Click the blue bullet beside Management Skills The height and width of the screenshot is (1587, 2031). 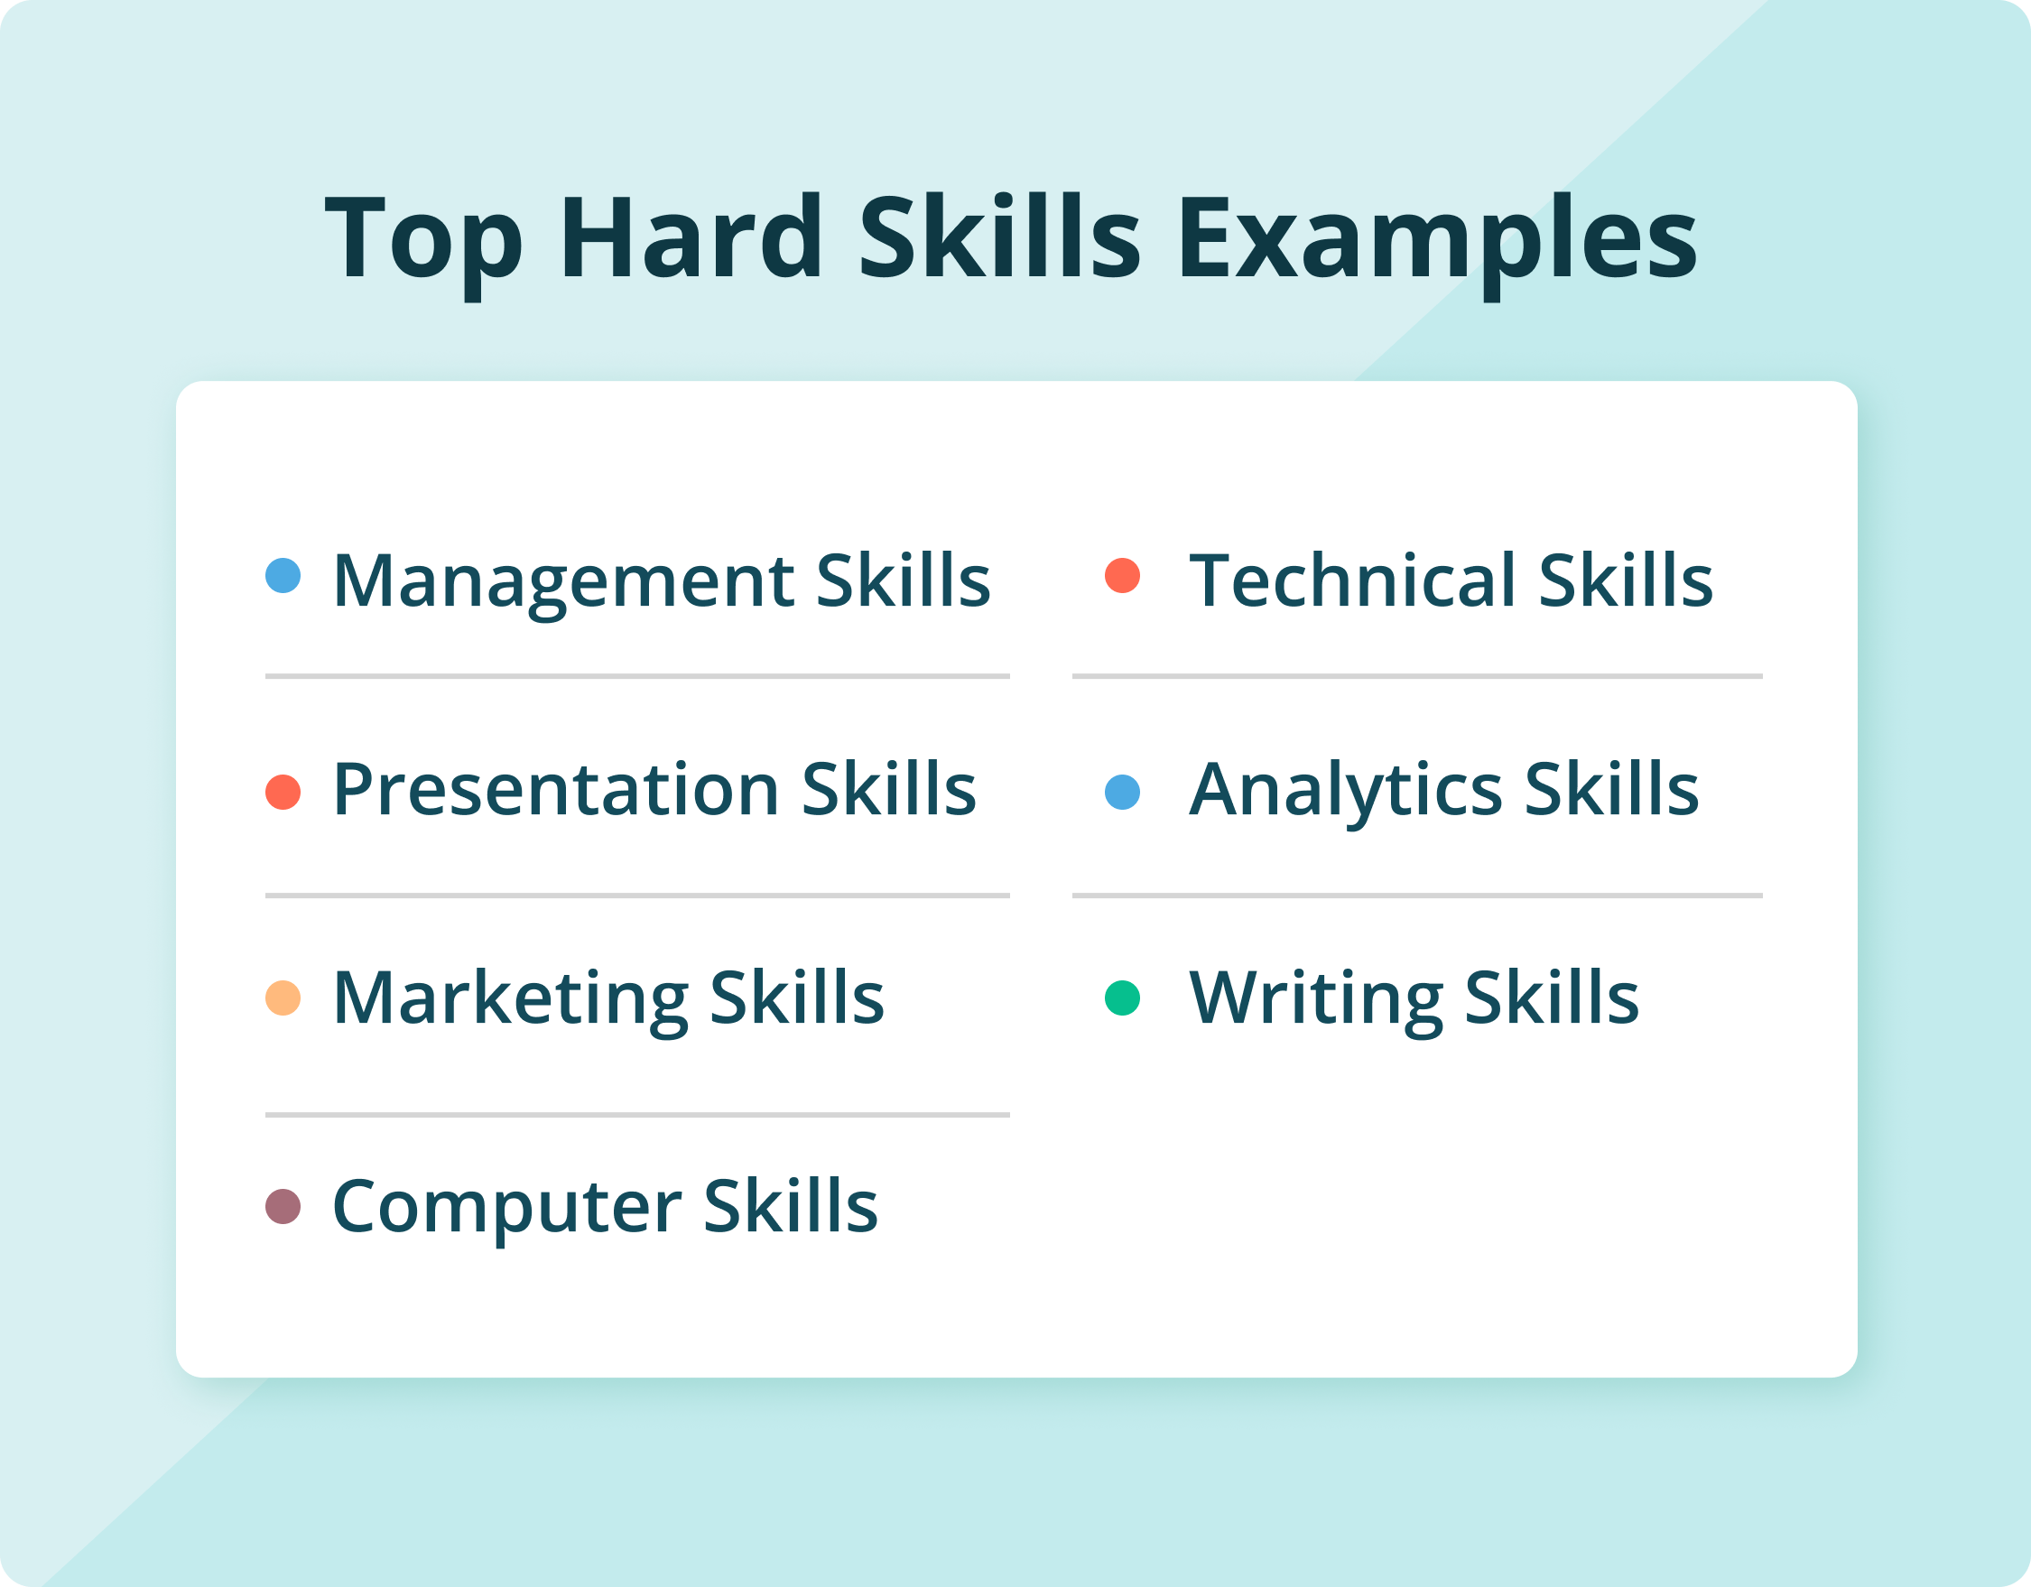point(283,575)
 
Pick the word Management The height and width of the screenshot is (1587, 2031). point(563,583)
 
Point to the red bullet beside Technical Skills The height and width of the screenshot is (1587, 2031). point(1122,575)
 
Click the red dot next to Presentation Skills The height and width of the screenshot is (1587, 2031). point(283,792)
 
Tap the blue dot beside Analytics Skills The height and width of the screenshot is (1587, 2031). point(1122,792)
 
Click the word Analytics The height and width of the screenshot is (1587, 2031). point(1346,792)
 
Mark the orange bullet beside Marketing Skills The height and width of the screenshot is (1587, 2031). point(283,998)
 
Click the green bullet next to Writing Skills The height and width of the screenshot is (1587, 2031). point(1122,998)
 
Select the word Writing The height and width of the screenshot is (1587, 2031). point(1316,1001)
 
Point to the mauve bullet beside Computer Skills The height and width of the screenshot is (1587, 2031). point(283,1207)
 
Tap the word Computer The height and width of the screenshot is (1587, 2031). point(507,1210)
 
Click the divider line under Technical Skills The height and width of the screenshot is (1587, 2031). point(1417,676)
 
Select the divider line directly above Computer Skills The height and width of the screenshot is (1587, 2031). point(637,1115)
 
